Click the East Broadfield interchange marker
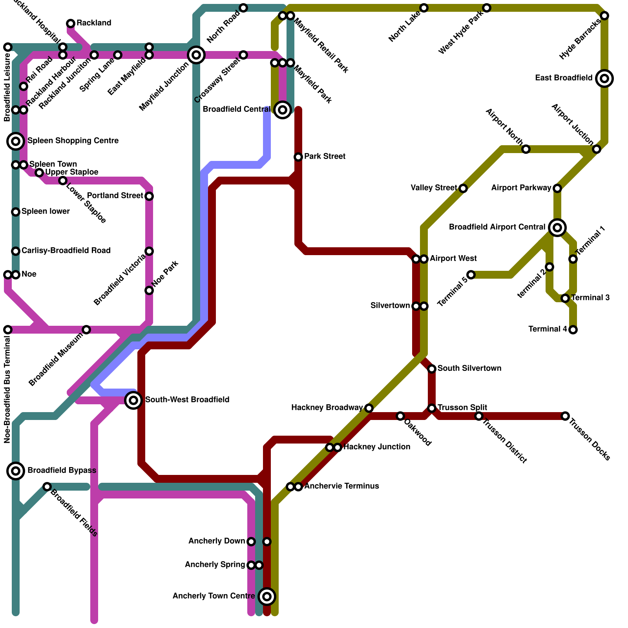pyautogui.click(x=604, y=78)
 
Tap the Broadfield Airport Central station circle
pyautogui.click(x=557, y=227)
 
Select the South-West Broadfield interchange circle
pyautogui.click(x=133, y=400)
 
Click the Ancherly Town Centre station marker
pyautogui.click(x=267, y=597)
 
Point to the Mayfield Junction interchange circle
pyautogui.click(x=196, y=55)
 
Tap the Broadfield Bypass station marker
pyautogui.click(x=16, y=471)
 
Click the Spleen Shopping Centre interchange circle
pyautogui.click(x=16, y=141)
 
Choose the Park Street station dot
pyautogui.click(x=298, y=157)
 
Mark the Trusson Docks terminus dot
pyautogui.click(x=565, y=416)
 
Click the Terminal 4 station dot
pyautogui.click(x=573, y=330)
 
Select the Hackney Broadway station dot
pyautogui.click(x=369, y=408)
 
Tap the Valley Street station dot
pyautogui.click(x=463, y=188)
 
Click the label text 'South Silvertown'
pyautogui.click(x=469, y=368)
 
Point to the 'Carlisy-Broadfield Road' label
pyautogui.click(x=66, y=250)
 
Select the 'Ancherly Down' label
pyautogui.click(x=217, y=541)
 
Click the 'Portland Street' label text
pyautogui.click(x=115, y=195)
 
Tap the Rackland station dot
pyautogui.click(x=71, y=24)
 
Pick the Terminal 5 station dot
pyautogui.click(x=471, y=275)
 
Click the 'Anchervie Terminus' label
pyautogui.click(x=341, y=486)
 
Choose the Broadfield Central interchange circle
pyautogui.click(x=283, y=110)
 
